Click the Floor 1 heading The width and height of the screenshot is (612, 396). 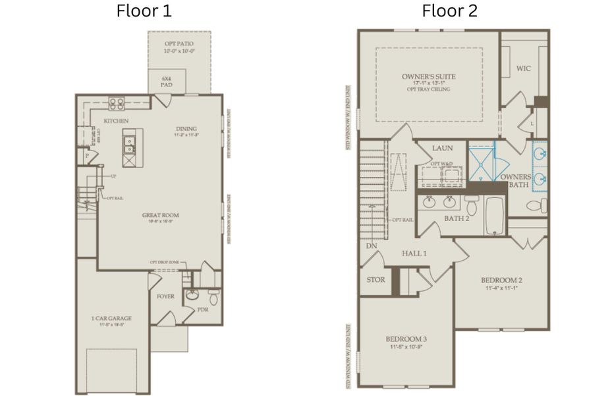tap(144, 11)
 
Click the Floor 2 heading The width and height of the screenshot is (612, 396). tap(449, 11)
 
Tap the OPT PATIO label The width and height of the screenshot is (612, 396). tap(179, 44)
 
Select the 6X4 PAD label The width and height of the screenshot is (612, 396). tap(167, 82)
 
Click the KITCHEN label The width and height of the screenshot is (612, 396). tap(116, 121)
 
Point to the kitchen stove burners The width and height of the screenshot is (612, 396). tap(117, 103)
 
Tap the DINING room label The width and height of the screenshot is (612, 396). tap(186, 128)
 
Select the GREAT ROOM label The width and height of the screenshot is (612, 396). tap(160, 215)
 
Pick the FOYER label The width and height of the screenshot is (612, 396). tap(165, 296)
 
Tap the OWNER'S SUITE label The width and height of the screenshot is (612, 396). tap(428, 77)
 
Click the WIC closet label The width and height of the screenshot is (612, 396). tap(524, 68)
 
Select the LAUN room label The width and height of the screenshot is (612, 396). tap(441, 148)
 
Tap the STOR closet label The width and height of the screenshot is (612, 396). tap(376, 280)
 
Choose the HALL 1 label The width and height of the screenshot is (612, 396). tap(415, 253)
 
